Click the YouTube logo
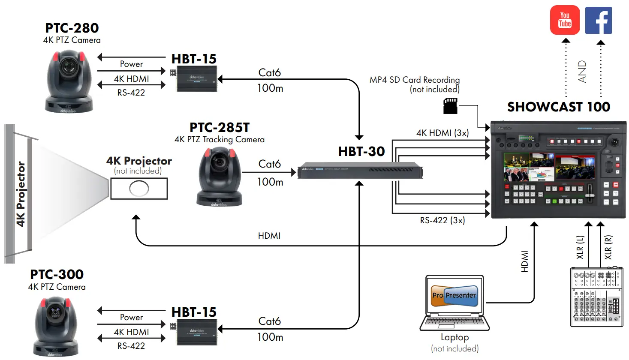pos(565,20)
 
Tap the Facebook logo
pos(598,20)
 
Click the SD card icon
pos(450,106)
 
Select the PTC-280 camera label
pos(72,28)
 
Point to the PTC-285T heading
pos(220,128)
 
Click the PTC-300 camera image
pos(55,326)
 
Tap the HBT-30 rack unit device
pos(360,171)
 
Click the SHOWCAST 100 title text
pos(558,107)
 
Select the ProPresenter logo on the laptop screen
pos(454,295)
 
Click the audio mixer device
pos(596,297)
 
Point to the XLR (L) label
pos(580,247)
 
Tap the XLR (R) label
pos(608,247)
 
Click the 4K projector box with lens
pos(139,188)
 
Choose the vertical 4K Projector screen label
pos(21,194)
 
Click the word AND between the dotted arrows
pos(582,71)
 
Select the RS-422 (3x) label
pos(442,220)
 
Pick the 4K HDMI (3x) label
pos(442,133)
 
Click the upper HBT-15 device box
pos(197,78)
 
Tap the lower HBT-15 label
pos(194,312)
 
